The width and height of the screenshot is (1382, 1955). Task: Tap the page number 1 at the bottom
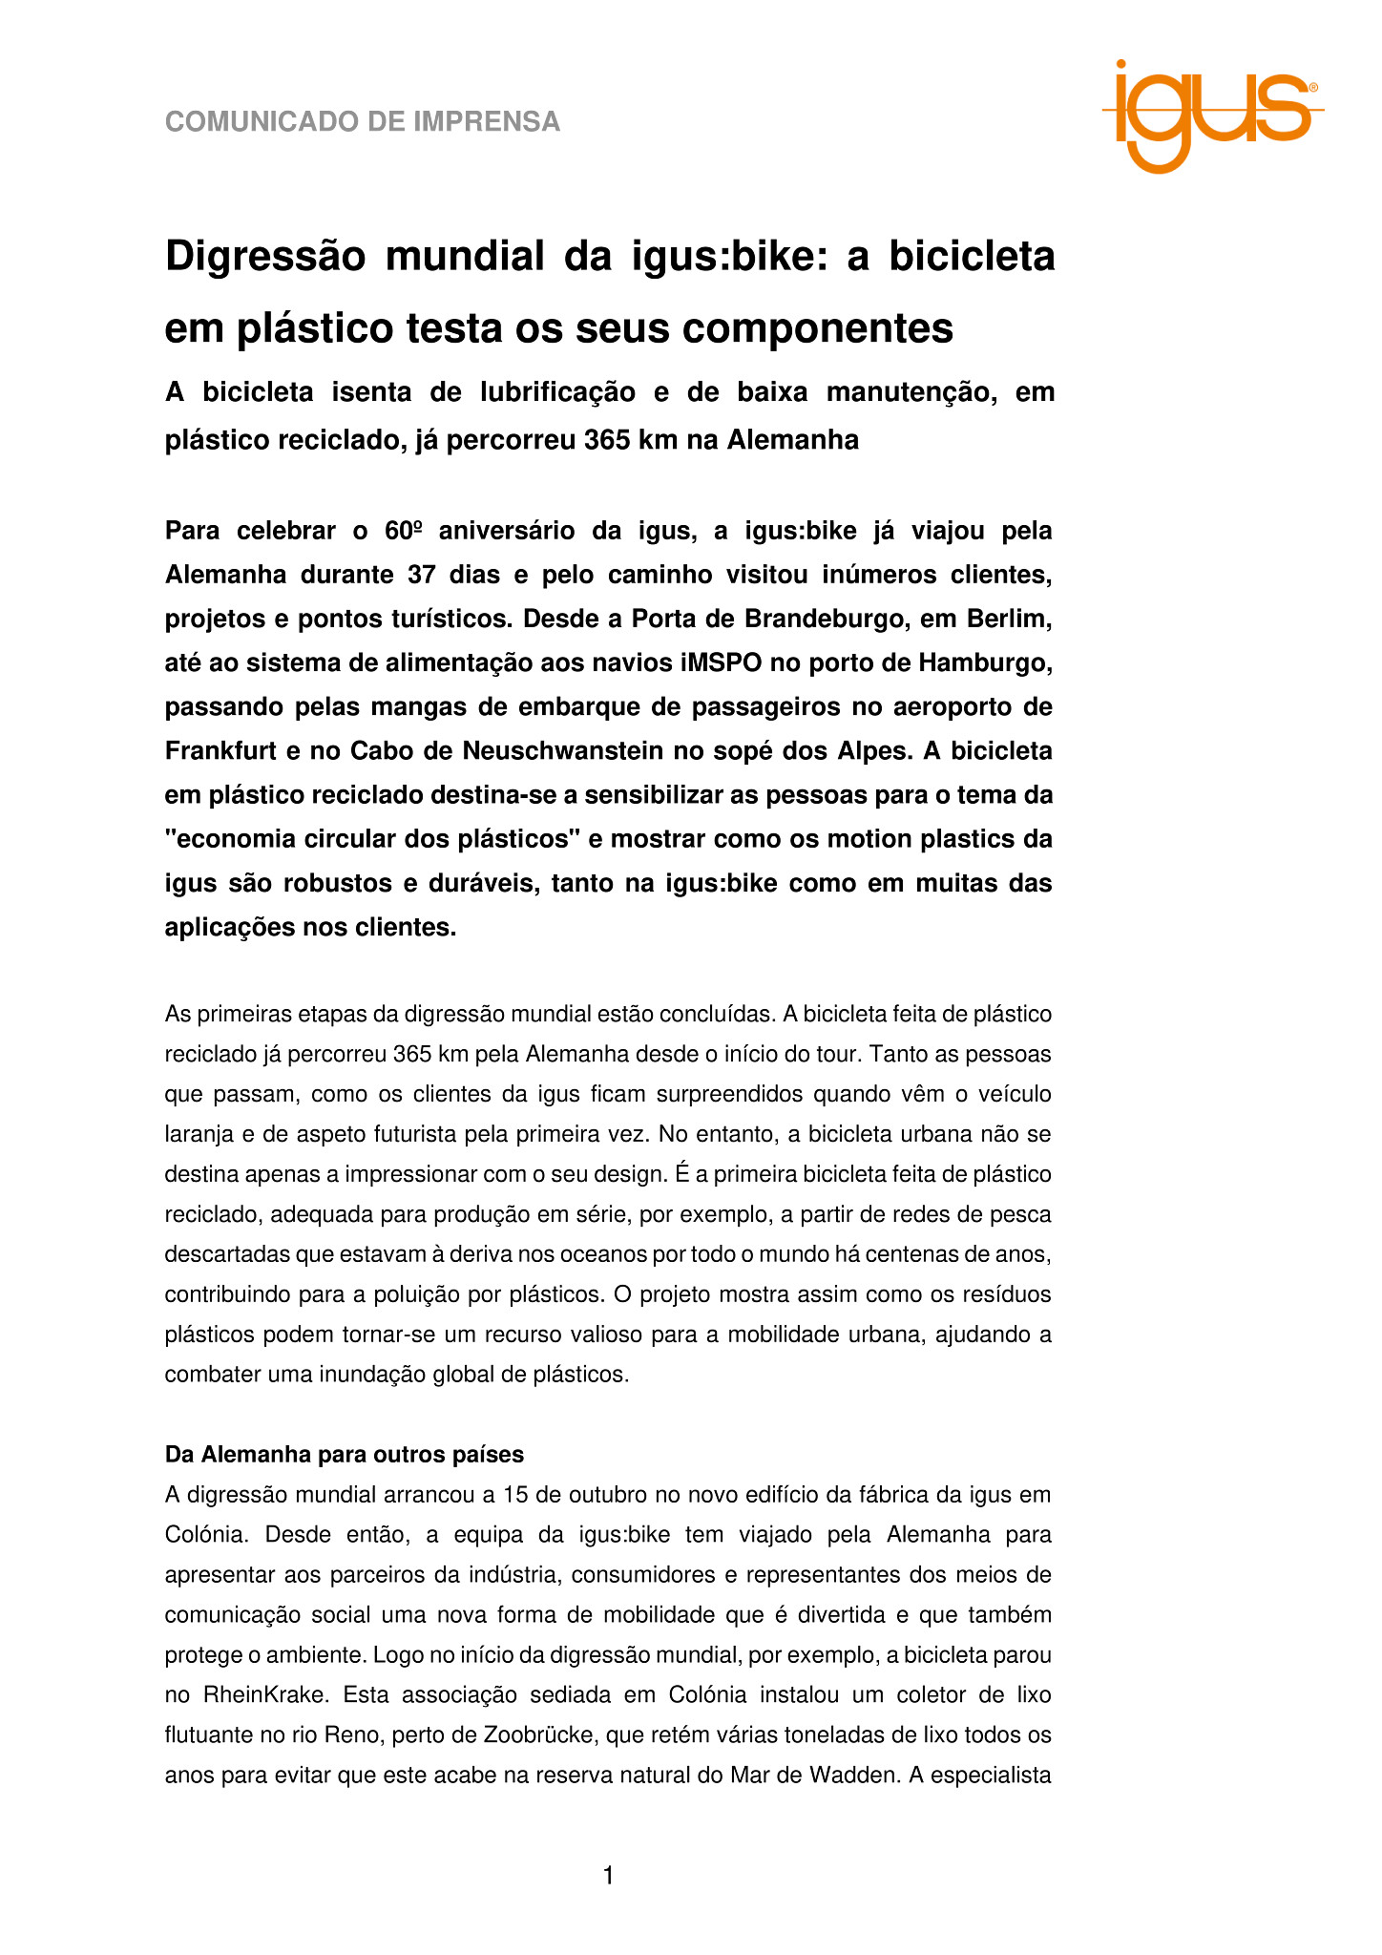coord(609,1876)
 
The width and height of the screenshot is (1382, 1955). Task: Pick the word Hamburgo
coord(986,662)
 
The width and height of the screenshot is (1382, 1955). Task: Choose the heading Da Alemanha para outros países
coord(345,1455)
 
